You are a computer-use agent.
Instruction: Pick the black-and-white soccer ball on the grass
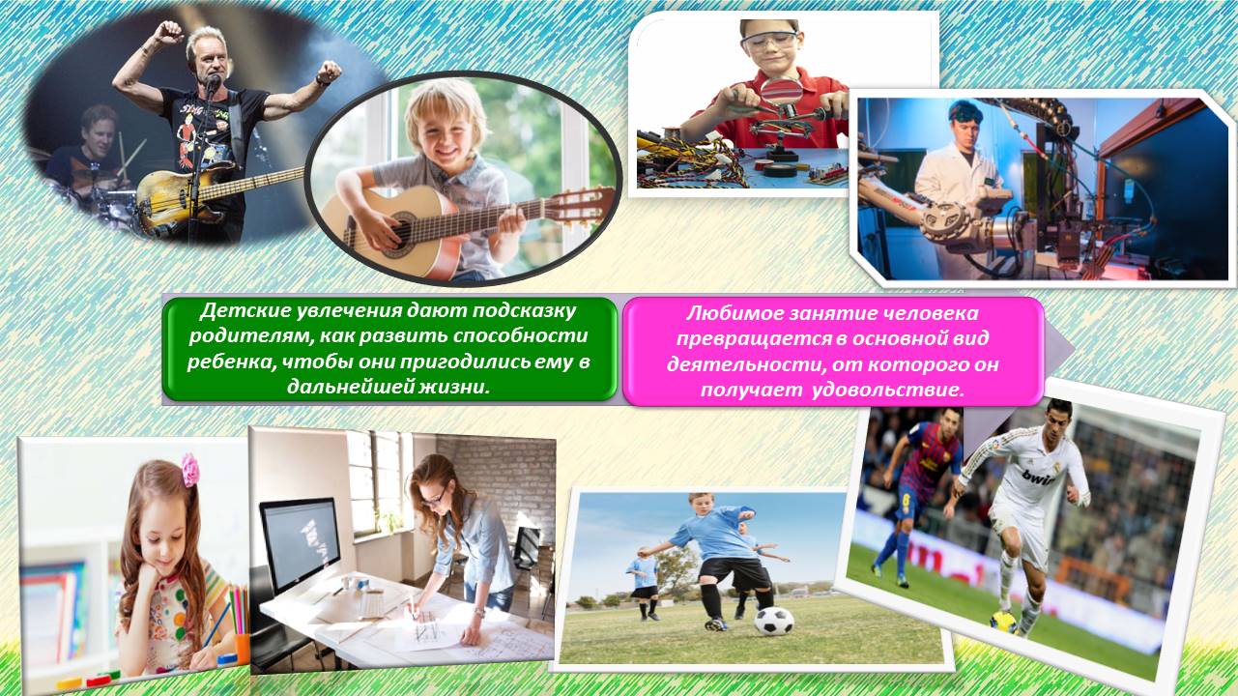(774, 621)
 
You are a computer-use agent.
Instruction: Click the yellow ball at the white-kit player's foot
(1003, 622)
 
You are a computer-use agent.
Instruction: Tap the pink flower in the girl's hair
(190, 470)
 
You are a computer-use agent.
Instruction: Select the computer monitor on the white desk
(301, 544)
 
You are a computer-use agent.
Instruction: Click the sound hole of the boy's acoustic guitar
(402, 233)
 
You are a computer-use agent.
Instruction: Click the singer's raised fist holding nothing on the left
(167, 32)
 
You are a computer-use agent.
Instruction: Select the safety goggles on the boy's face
(770, 41)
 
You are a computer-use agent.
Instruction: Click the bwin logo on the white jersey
(1038, 477)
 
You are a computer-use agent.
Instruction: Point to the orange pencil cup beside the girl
(242, 649)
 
